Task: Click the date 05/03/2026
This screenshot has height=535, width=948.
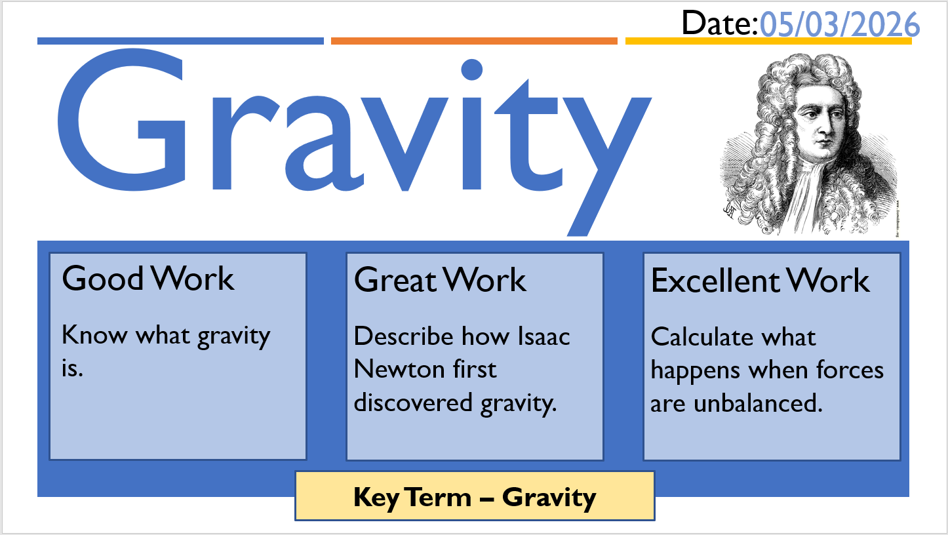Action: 840,24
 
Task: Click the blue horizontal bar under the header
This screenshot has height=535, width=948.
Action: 180,41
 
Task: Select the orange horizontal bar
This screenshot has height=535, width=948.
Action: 474,41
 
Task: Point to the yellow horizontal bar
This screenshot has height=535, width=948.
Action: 768,41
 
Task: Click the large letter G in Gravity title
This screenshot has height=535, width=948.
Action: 121,120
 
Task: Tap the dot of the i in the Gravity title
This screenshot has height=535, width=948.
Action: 472,69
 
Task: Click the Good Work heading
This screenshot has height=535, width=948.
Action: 148,279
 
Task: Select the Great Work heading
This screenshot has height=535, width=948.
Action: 440,279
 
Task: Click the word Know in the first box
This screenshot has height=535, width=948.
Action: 94,335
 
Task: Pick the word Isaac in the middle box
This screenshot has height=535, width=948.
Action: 544,336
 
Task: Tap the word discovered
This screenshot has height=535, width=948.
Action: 413,402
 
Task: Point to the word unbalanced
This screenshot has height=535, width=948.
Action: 758,403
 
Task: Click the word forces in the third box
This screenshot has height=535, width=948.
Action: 850,370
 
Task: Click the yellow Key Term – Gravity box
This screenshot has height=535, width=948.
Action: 475,496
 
